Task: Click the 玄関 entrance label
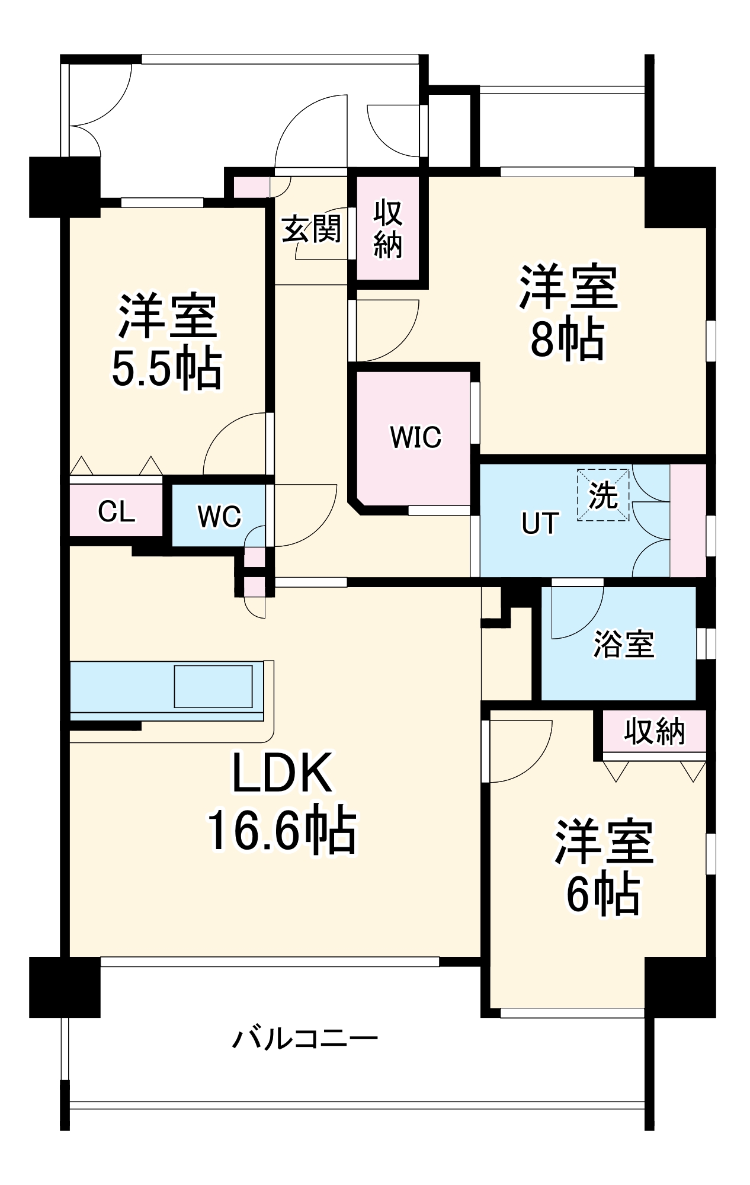click(312, 229)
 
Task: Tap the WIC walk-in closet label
click(415, 437)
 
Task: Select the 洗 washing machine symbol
click(603, 495)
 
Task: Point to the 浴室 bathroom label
click(623, 644)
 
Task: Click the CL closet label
click(116, 511)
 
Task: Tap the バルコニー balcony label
click(305, 1039)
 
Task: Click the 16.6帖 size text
click(281, 829)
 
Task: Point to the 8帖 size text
click(567, 340)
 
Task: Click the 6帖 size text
click(602, 895)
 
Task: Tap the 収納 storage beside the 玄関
click(388, 229)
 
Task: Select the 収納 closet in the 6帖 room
click(654, 732)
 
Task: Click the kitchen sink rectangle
click(213, 686)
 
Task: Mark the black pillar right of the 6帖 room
click(680, 987)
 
